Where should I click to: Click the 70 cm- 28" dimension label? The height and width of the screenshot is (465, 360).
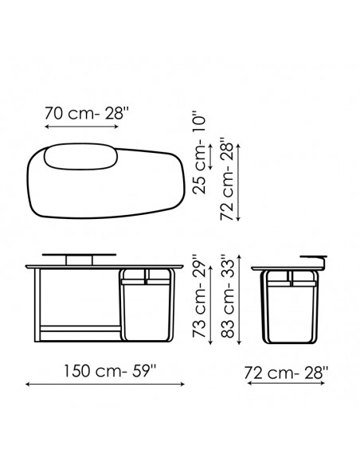pos(87,113)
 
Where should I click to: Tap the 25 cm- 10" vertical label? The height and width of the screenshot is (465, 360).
pos(199,153)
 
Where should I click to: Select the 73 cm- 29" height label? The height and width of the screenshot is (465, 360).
pos(199,295)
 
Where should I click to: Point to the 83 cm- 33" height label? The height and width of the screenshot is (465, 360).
pos(228,295)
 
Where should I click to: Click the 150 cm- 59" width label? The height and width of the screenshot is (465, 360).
pos(110,371)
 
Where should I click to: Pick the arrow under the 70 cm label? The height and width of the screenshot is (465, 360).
pos(81,127)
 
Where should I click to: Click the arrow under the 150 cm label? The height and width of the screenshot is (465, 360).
pos(105,385)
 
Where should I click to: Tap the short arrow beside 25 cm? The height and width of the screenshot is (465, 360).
pos(210,157)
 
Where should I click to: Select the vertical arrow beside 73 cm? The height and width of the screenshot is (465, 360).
pos(210,305)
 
